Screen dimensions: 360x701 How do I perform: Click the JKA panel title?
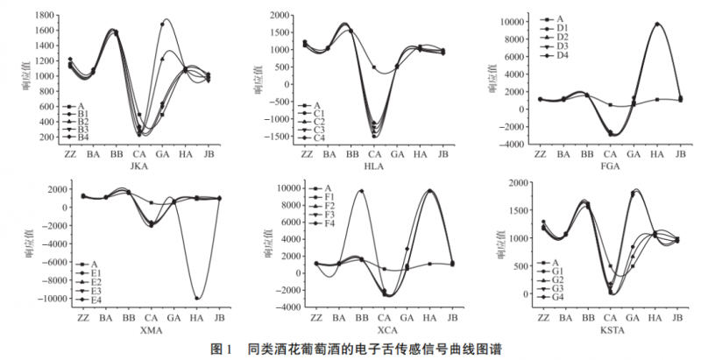tap(138, 166)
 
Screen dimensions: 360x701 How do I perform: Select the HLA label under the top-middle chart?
tap(374, 166)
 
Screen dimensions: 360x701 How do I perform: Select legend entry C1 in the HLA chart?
tap(320, 115)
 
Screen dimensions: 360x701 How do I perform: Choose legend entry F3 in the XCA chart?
tap(329, 214)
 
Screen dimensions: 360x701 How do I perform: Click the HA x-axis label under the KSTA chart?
tap(652, 317)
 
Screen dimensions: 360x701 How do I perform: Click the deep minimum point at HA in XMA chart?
tap(197, 299)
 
